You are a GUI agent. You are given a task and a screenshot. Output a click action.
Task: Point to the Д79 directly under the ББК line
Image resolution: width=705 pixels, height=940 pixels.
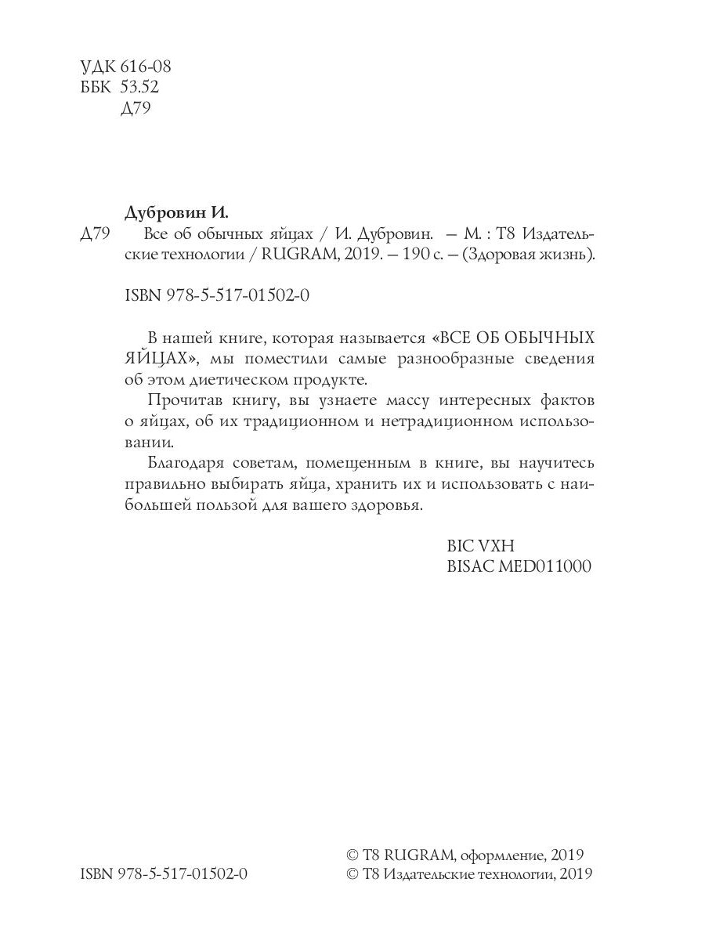tap(135, 108)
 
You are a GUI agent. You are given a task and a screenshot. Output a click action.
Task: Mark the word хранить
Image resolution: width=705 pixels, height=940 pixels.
tap(368, 485)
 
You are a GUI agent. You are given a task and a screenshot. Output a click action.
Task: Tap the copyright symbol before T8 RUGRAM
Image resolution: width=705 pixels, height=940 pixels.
tap(352, 855)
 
